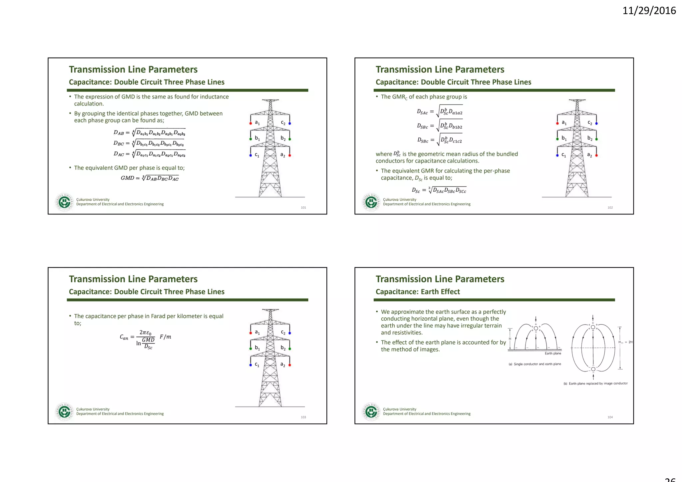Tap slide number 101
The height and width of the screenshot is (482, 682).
[x=303, y=208]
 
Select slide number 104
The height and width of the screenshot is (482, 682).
[x=610, y=417]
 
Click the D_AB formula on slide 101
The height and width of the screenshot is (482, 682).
[x=149, y=132]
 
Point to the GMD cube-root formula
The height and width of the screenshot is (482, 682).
[x=150, y=178]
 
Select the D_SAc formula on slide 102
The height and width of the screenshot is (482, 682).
[x=440, y=112]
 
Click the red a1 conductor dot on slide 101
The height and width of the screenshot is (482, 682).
[x=250, y=123]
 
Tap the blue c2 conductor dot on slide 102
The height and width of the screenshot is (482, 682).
[x=596, y=123]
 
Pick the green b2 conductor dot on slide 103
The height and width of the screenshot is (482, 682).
[x=290, y=349]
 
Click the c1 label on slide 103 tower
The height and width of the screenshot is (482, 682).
[x=257, y=364]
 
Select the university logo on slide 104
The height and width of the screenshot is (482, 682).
[x=371, y=412]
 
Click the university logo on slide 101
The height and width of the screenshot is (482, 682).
[x=64, y=202]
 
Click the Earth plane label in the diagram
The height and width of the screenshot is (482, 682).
[x=553, y=354]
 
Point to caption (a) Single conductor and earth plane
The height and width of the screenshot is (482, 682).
[x=534, y=364]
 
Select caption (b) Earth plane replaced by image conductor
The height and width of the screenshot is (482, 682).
[x=595, y=383]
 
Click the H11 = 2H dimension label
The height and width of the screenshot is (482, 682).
[x=625, y=342]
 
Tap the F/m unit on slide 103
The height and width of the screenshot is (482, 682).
[x=165, y=337]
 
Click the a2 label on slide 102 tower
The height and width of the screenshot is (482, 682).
[x=589, y=155]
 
